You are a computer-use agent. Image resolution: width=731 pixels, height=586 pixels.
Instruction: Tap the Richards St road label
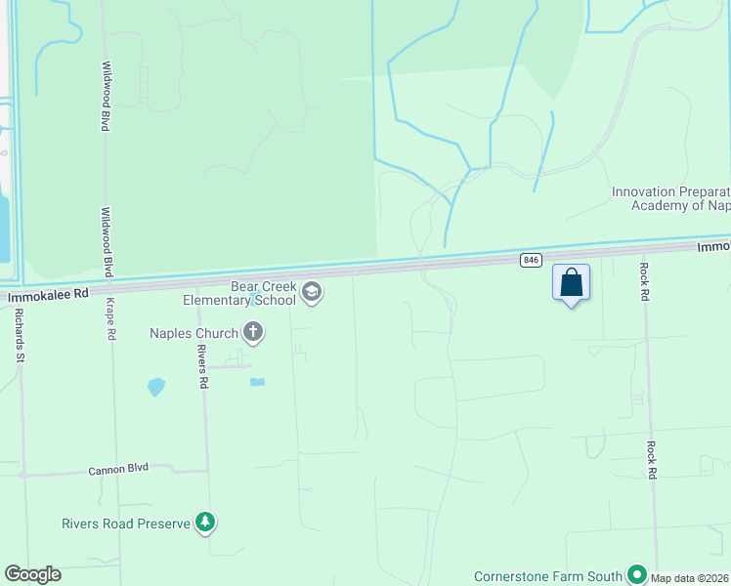click(x=19, y=335)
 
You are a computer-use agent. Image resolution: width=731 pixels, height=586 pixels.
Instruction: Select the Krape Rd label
click(x=112, y=318)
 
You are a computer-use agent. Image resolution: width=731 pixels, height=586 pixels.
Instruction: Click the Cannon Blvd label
click(x=118, y=469)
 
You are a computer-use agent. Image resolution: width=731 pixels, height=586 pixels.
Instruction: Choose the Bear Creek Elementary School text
click(x=262, y=293)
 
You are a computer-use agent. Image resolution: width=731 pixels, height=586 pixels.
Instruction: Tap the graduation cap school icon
click(x=311, y=291)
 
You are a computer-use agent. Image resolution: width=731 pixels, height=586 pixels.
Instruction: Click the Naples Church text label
click(x=193, y=333)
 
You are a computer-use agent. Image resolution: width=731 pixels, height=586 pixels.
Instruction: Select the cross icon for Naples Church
click(x=253, y=333)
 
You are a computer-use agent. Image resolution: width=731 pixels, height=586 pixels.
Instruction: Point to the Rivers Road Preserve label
click(x=126, y=523)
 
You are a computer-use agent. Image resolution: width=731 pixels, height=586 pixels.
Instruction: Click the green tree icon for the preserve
click(x=205, y=523)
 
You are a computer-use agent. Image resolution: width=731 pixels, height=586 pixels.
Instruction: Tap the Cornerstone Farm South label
click(x=548, y=575)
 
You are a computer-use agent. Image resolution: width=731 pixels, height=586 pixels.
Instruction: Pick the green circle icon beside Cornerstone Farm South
click(x=637, y=574)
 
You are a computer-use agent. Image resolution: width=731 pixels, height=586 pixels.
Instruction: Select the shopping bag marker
click(x=572, y=283)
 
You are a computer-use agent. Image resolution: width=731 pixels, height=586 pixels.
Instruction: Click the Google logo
click(x=32, y=574)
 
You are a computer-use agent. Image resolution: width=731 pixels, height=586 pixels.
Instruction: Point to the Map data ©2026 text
click(x=690, y=578)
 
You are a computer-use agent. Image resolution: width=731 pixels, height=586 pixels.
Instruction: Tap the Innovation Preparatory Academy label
click(x=670, y=198)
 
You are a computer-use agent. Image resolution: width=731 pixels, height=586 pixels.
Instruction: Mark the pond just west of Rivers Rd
click(x=156, y=387)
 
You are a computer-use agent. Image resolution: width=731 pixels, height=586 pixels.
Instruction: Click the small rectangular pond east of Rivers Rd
click(x=257, y=382)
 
